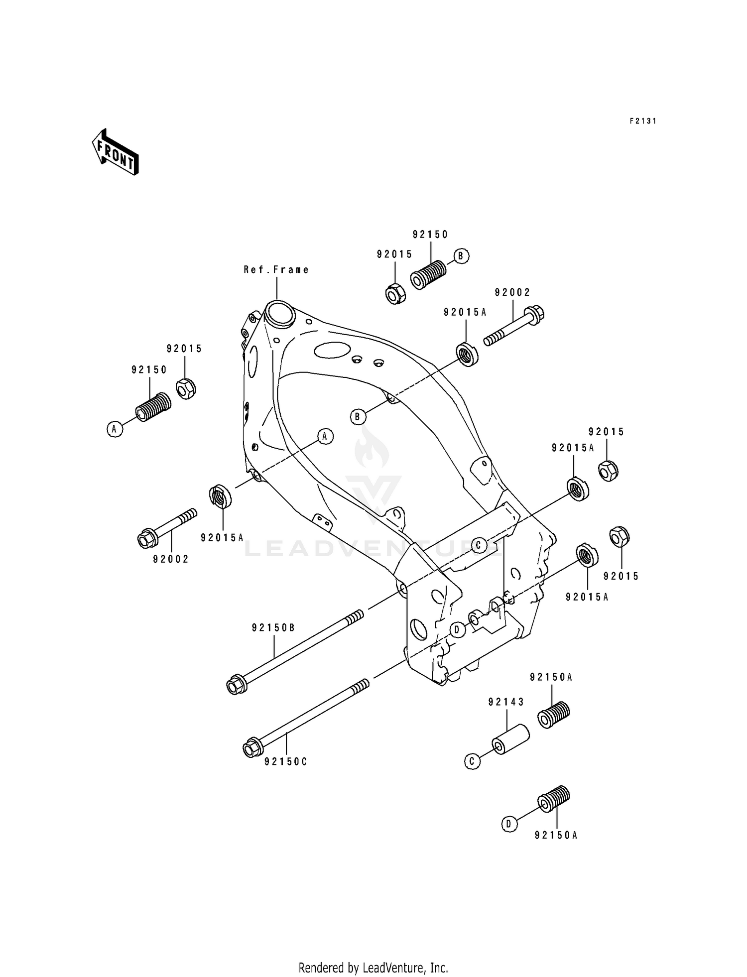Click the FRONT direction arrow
pos(115,152)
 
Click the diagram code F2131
pos(642,121)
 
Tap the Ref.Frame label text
pos(276,269)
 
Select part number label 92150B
pos(273,628)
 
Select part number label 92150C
pos(286,775)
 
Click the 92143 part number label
pos(506,702)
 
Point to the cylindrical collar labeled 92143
pos(511,739)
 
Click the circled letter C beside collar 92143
pos(472,761)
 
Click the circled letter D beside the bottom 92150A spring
pos(508,824)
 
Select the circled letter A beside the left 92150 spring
pos(115,429)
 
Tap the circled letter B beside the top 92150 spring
pos(461,256)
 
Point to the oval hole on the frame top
pos(333,350)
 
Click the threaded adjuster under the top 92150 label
pos(428,274)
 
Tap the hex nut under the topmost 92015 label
pos(396,294)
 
